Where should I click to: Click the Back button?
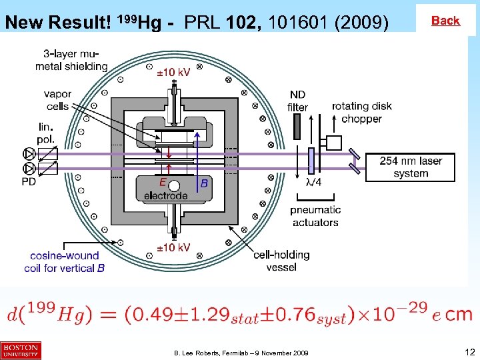(445, 21)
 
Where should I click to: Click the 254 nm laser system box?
(411, 167)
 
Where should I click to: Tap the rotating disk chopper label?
(361, 112)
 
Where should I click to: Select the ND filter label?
(297, 101)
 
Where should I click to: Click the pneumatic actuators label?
(315, 216)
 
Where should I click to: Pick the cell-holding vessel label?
(281, 260)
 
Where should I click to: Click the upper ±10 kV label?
(173, 72)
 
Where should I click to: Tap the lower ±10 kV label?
(173, 247)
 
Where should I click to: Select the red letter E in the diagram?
(163, 182)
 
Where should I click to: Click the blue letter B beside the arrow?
(204, 183)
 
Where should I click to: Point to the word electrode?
(166, 196)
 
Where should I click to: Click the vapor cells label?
(58, 100)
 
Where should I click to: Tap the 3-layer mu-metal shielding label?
(71, 59)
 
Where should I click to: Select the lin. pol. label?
(46, 133)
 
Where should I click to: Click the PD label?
(29, 181)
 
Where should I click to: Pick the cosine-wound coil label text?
(67, 261)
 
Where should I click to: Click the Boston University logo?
(21, 351)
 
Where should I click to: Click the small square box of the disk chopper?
(333, 143)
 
